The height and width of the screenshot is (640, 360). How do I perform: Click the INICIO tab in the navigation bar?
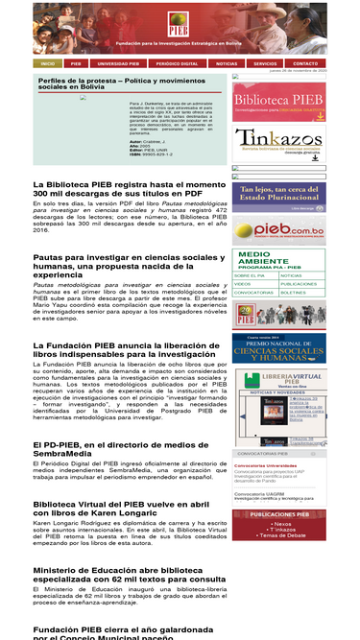[47, 63]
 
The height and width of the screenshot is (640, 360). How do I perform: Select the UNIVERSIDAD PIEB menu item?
[118, 63]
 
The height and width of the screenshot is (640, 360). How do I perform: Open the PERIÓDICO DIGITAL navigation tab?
[177, 63]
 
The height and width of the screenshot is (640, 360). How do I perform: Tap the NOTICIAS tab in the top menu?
[227, 63]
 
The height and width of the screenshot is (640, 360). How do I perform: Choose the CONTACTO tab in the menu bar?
[304, 63]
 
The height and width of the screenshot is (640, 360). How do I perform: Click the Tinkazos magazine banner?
[279, 143]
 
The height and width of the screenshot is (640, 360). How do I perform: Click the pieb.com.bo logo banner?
[279, 231]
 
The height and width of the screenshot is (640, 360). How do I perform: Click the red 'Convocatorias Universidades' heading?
[266, 465]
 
